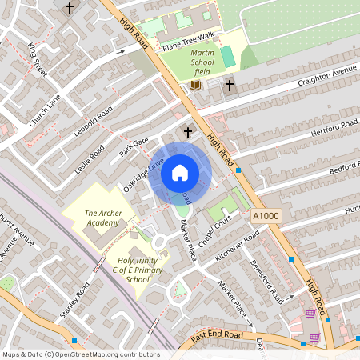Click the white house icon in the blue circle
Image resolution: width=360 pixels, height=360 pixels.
click(180, 173)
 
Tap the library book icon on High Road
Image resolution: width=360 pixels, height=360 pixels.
click(194, 85)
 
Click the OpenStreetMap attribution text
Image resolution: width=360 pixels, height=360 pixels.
click(80, 354)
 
